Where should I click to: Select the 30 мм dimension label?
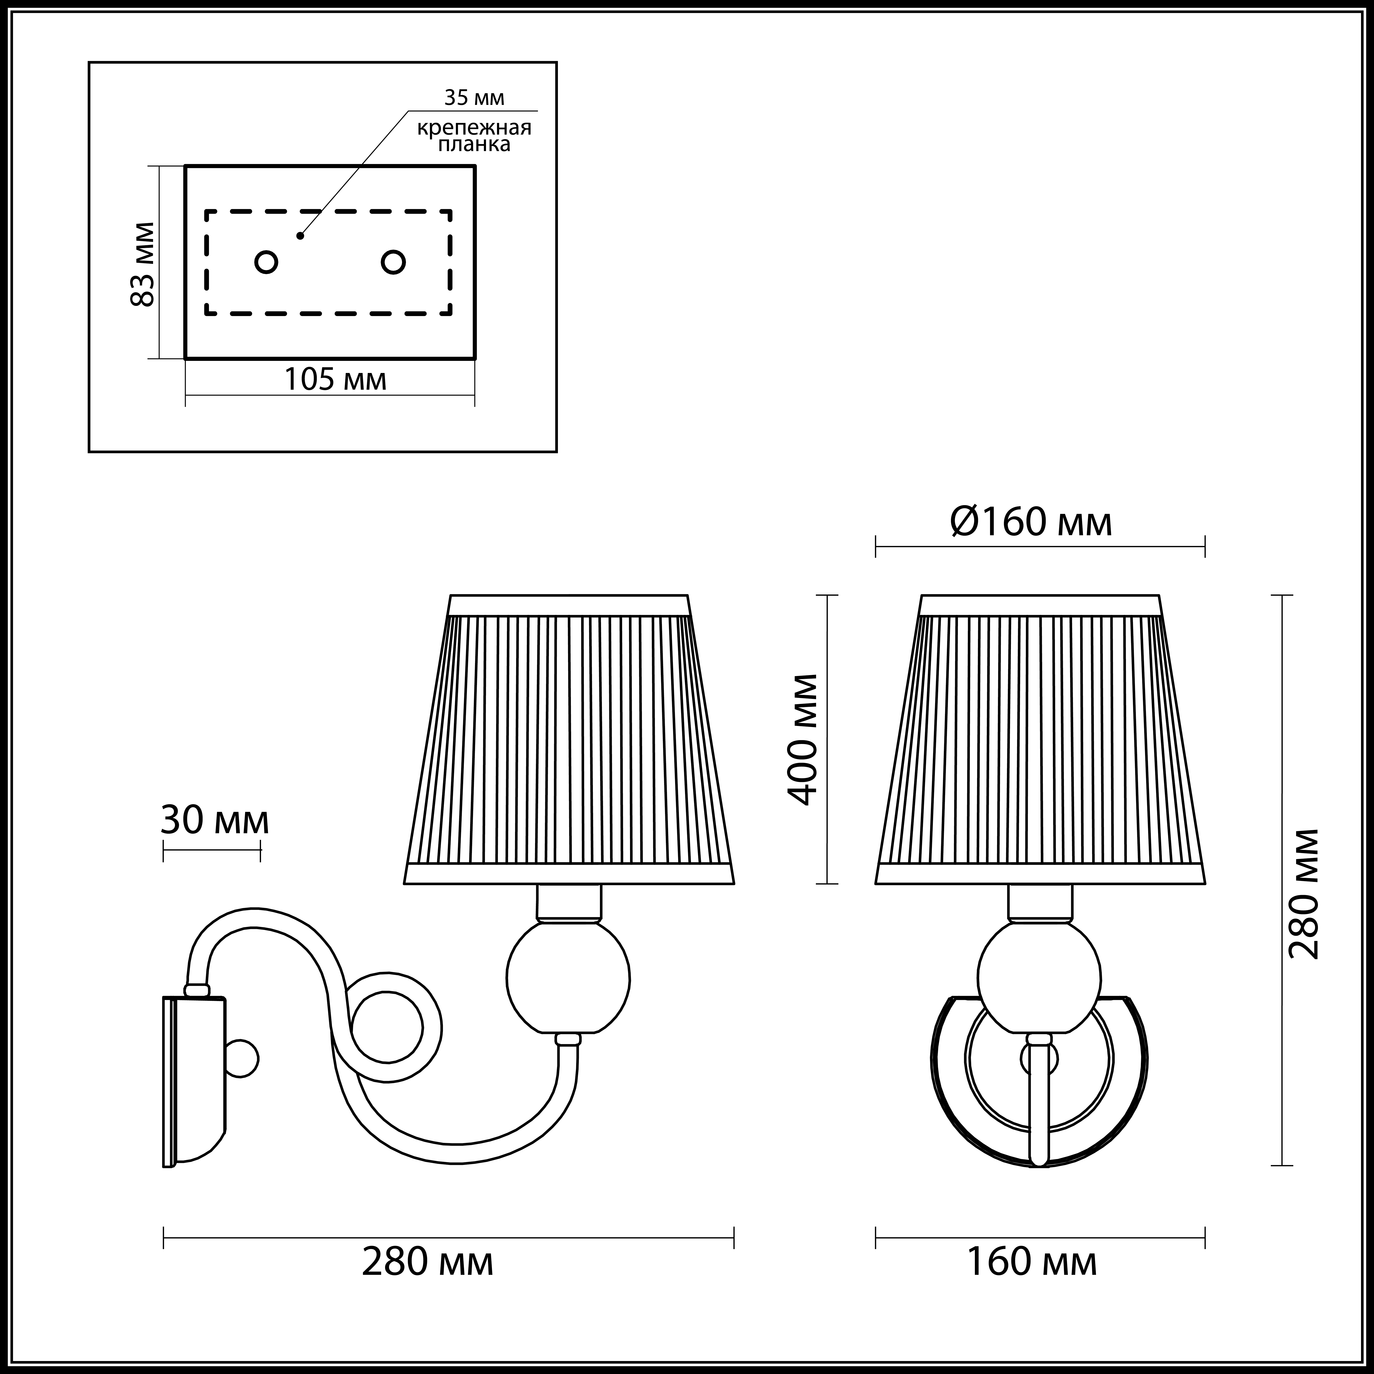pos(214,820)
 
